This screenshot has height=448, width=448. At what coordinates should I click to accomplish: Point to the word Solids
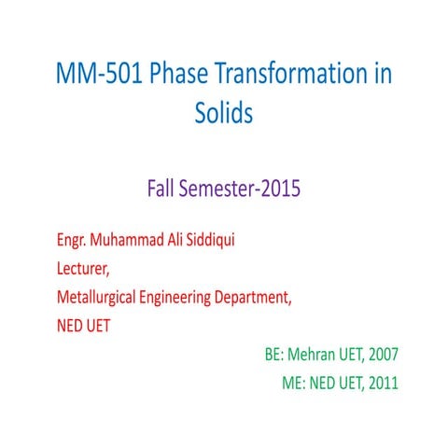[x=224, y=114]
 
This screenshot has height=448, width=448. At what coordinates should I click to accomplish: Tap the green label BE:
[x=275, y=356]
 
